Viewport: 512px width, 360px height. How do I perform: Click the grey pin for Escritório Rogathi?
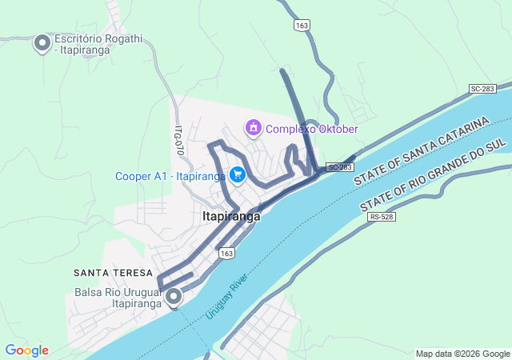42,43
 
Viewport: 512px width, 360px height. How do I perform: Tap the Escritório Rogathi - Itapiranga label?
82,43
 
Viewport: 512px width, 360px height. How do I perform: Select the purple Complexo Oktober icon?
254,127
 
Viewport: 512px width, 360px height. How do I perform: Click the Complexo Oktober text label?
311,129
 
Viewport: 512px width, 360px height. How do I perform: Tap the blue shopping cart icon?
238,174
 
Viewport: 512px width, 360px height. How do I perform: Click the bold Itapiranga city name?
231,216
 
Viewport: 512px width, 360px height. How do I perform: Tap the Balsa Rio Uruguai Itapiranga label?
116,298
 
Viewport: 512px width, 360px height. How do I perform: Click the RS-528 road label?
382,217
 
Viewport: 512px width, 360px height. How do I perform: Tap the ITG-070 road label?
179,139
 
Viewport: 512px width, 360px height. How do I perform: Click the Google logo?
26,350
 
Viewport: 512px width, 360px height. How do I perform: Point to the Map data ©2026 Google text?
462,354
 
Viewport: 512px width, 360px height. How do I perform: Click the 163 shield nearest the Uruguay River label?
226,253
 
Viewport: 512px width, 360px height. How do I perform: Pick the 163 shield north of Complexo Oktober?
302,26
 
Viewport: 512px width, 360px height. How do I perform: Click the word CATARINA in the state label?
458,134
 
